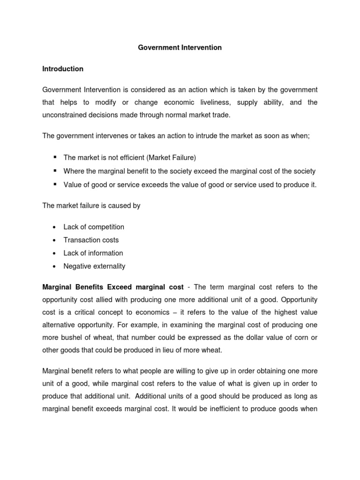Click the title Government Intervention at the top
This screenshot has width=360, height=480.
click(x=180, y=48)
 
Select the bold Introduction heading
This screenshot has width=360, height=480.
click(x=63, y=69)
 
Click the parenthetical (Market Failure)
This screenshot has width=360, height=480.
click(x=169, y=158)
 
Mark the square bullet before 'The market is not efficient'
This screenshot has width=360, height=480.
click(x=55, y=157)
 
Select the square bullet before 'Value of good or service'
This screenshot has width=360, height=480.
click(x=55, y=184)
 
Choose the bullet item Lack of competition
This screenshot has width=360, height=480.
click(x=94, y=227)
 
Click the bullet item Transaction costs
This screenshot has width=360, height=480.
click(x=91, y=240)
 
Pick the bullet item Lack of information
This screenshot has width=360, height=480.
click(x=93, y=253)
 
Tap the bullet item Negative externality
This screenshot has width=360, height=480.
click(x=94, y=266)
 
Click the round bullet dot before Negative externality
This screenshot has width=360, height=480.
click(x=55, y=267)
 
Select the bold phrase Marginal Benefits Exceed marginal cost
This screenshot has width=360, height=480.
click(x=113, y=287)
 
